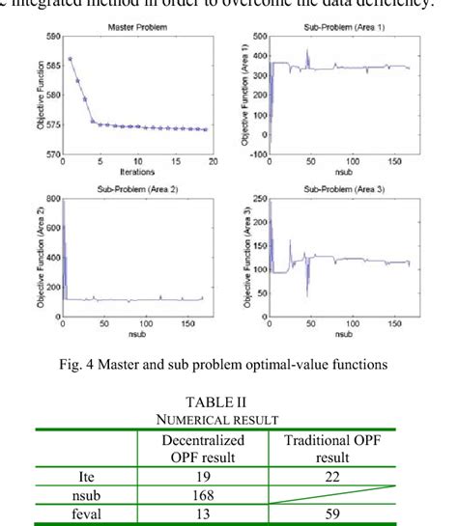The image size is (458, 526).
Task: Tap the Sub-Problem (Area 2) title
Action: tap(136, 190)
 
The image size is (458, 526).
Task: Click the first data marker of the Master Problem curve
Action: tap(71, 59)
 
